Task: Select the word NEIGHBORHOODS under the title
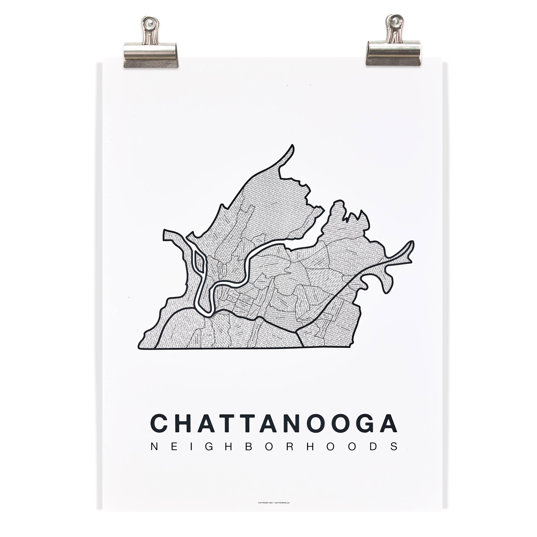pyautogui.click(x=274, y=454)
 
